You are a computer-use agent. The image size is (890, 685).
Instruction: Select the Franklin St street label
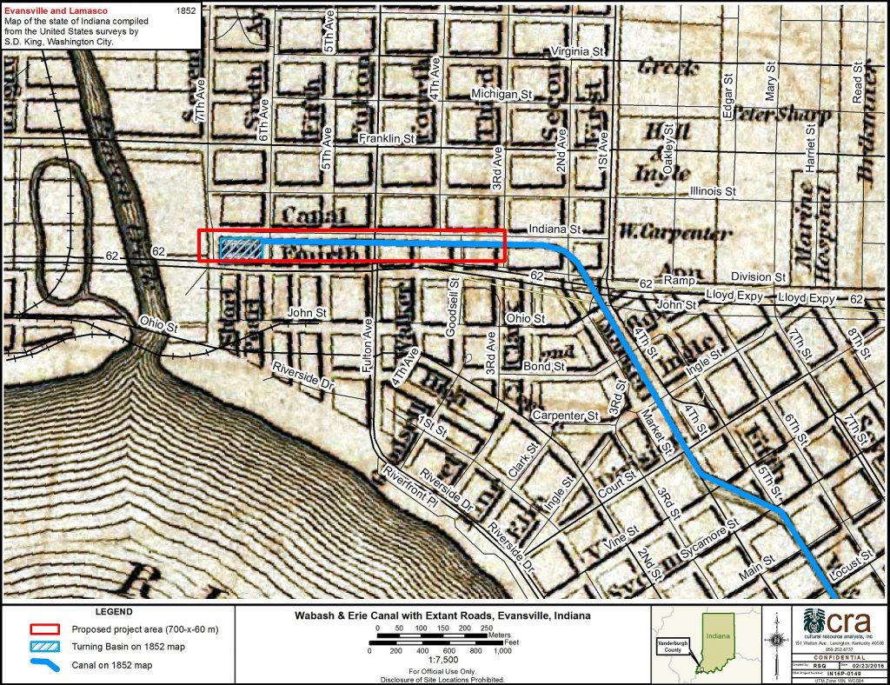tap(389, 137)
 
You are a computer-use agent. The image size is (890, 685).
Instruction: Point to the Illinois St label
tap(712, 190)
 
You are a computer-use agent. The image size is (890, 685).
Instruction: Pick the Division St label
tap(758, 276)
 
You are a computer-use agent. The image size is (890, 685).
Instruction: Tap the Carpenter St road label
tap(568, 416)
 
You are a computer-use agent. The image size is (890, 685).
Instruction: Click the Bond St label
tap(544, 367)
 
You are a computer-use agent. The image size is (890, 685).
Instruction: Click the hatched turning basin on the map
tap(242, 249)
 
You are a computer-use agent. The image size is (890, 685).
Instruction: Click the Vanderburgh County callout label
tap(677, 646)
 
